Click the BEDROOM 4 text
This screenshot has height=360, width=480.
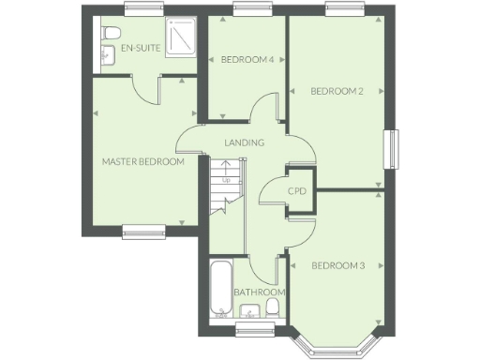coord(247,60)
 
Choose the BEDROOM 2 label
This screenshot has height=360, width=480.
coord(337,91)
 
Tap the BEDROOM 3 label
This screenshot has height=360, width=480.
coord(337,265)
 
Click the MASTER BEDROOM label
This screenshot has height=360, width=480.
coord(142,161)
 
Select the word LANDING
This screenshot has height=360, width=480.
coord(244,142)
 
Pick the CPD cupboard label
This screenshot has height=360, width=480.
coord(297,191)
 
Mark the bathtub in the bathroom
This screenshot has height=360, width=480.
coord(221,289)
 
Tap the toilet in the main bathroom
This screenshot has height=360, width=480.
coord(274,307)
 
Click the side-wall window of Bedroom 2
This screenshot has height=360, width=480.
coord(395,150)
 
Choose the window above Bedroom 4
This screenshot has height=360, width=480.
coord(247,10)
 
